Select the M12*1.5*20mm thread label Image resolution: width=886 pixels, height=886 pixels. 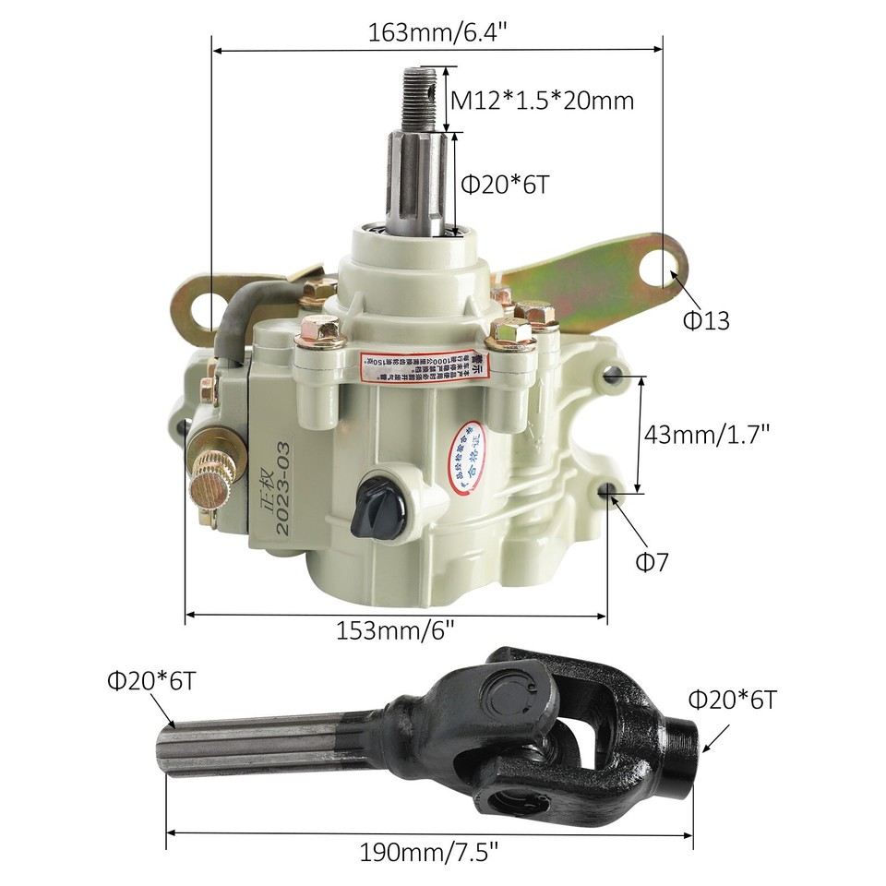(542, 100)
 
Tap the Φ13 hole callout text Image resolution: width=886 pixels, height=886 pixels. (706, 320)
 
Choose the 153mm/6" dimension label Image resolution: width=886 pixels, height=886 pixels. (396, 630)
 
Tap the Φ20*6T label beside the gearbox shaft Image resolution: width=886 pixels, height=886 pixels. (505, 184)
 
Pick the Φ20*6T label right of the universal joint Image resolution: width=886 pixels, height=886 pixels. (732, 700)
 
